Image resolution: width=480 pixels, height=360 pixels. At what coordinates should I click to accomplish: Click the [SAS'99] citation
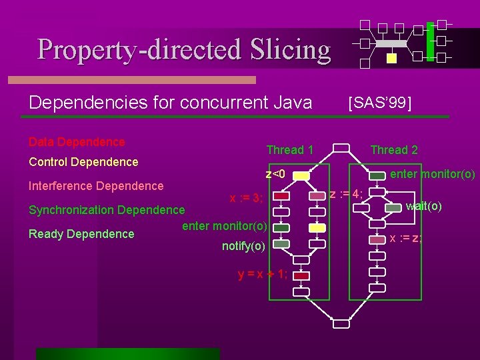coord(380,102)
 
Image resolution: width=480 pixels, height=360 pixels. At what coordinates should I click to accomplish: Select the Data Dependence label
coord(77,142)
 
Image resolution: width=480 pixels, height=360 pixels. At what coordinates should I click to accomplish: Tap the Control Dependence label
coord(83,162)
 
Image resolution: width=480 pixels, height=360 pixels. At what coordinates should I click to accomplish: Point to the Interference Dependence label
coord(96,186)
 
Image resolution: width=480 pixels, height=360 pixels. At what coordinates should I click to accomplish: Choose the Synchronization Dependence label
coord(107,210)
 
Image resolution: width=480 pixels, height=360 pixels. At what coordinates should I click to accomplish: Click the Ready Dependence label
coord(81,234)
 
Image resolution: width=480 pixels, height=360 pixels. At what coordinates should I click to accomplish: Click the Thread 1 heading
coord(290,150)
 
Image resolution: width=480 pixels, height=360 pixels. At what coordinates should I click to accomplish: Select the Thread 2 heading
coord(394,150)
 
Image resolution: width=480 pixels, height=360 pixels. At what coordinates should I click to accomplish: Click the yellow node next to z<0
coord(301,176)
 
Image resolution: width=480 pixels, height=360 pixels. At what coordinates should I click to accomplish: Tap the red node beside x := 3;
coord(282,197)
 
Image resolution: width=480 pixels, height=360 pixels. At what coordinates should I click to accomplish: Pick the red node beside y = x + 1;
coord(301,275)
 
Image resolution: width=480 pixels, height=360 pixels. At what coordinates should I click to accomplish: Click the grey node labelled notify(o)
coord(282,244)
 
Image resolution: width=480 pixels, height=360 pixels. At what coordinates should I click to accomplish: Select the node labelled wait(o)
coord(394,207)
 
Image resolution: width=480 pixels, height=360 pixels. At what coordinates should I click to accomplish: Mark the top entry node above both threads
coord(341,148)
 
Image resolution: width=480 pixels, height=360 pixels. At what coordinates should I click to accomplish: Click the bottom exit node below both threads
coord(341,324)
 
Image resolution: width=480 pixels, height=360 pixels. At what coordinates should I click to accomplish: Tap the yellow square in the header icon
coord(391,58)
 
